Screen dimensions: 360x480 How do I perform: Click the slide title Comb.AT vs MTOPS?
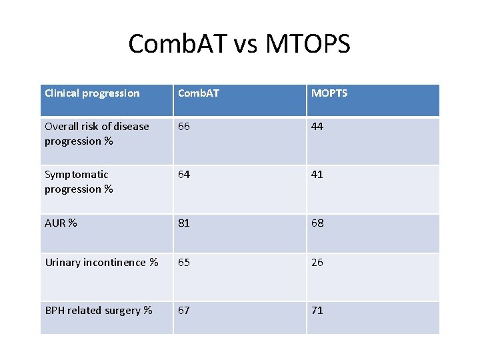point(239,44)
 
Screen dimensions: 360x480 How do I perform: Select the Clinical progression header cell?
point(92,93)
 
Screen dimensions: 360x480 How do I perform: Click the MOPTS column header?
point(329,93)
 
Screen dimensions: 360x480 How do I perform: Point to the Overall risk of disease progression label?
point(97,133)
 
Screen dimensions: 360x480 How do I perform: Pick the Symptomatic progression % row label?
point(79,181)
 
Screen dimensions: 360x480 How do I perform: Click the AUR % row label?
point(61,223)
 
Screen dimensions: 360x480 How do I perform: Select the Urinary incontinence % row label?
point(101,263)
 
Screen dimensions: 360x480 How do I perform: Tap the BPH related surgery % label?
point(98,311)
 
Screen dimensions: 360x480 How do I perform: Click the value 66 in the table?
point(184,127)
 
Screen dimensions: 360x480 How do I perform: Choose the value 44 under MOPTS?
point(317,127)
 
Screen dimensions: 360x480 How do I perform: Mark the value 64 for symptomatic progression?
point(184,175)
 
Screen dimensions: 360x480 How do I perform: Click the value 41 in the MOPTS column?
point(317,175)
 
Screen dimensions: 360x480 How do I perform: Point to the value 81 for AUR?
point(184,223)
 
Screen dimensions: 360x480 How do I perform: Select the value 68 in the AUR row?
point(317,223)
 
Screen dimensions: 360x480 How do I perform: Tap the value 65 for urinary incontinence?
point(184,263)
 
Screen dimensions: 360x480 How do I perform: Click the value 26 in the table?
point(317,263)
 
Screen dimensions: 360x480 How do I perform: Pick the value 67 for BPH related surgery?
point(184,311)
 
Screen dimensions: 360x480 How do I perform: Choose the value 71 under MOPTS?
point(317,311)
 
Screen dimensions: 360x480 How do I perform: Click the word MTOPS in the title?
point(307,44)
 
